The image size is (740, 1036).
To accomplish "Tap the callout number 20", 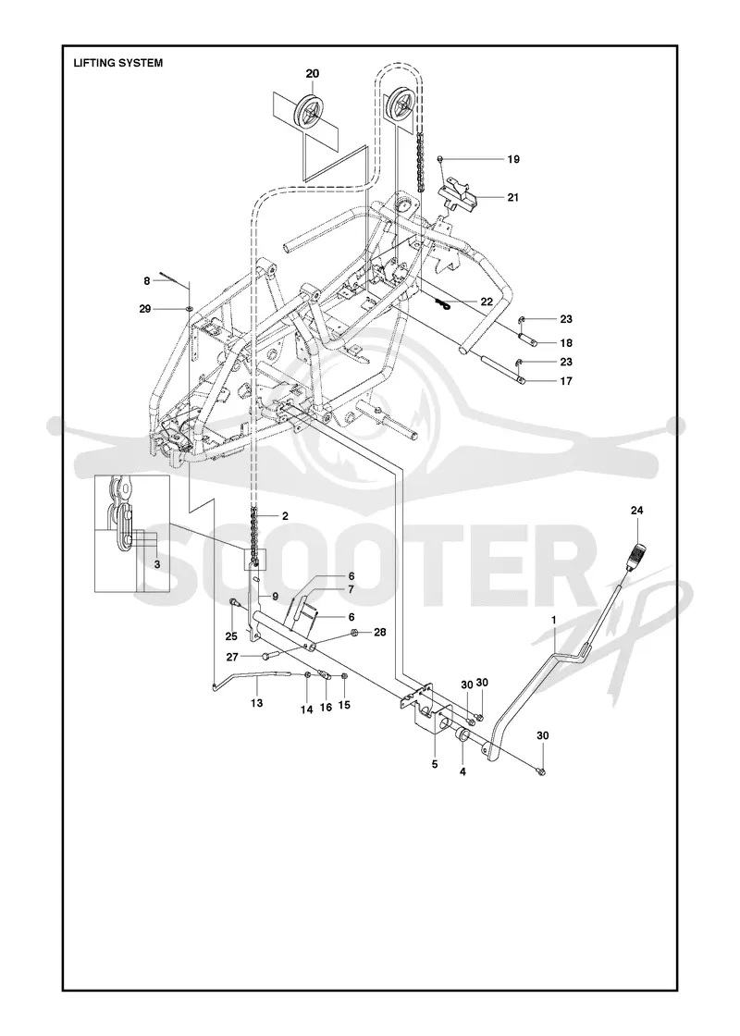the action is (312, 73).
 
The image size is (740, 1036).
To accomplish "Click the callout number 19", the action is (513, 159).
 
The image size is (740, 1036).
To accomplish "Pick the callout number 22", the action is (487, 302).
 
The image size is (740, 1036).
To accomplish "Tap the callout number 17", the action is (566, 380).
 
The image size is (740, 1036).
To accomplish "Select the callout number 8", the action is (147, 281).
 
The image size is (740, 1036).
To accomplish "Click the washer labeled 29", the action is (190, 308).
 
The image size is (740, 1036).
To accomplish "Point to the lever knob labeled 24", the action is (635, 552).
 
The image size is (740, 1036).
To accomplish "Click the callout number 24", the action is (636, 510).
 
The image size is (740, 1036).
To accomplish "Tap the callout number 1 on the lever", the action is (554, 619).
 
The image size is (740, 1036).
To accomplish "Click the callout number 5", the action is (434, 764).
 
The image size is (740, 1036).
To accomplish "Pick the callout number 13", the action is (256, 703).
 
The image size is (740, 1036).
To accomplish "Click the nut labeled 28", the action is (354, 633).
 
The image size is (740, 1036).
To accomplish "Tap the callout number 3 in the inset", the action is (156, 564).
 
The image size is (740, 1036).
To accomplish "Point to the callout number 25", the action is (231, 637).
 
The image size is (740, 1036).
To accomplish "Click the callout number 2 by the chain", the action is (285, 516).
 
